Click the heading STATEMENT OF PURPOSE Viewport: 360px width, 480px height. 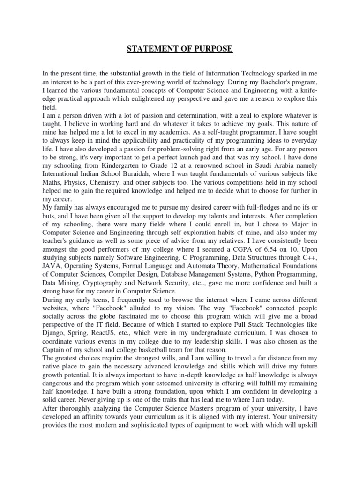[x=180, y=49]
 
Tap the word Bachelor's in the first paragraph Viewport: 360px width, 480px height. [x=283, y=82]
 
